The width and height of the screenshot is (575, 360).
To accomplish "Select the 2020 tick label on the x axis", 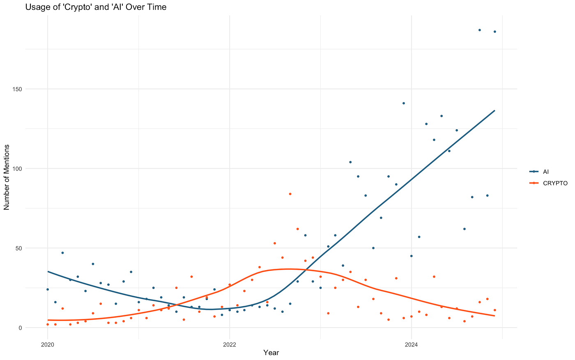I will point(48,344).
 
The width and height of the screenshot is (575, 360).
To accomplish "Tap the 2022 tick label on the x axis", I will point(230,344).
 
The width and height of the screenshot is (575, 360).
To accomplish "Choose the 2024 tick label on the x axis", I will point(411,344).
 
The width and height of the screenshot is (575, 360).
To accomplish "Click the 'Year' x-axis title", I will point(271,353).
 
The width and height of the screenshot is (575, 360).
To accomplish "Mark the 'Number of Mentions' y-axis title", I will point(7,177).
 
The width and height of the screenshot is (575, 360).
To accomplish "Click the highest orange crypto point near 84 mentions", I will point(290,194).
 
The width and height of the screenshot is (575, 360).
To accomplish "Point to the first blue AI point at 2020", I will point(48,289).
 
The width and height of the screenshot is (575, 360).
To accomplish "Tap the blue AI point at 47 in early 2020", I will point(62,253).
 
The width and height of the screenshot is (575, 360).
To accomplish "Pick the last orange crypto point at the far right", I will point(495,310).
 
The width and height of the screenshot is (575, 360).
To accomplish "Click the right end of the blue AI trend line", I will point(494,110).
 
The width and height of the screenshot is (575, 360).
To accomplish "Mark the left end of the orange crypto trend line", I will point(48,320).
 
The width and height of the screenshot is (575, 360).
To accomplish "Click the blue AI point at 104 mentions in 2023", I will point(350,162).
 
